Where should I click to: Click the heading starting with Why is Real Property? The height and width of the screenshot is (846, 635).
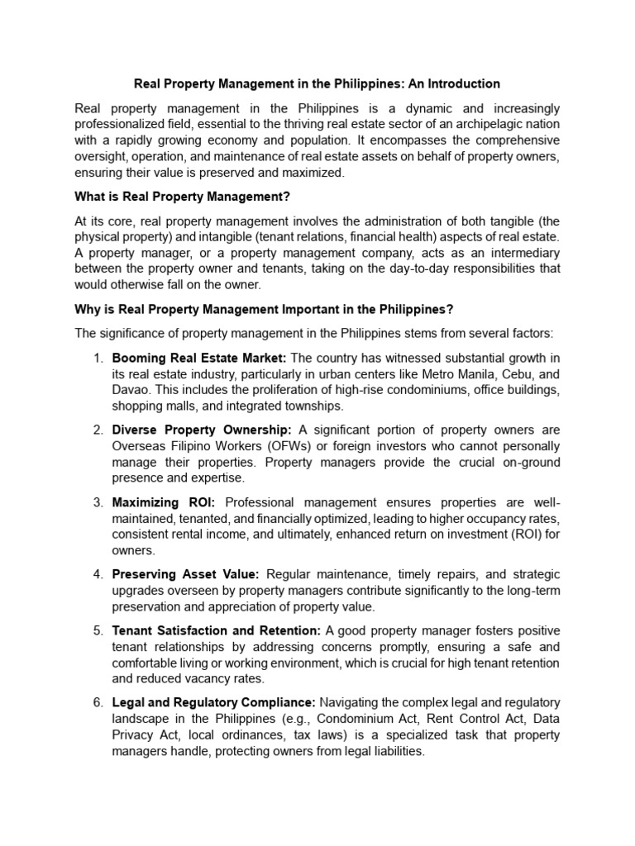tap(265, 309)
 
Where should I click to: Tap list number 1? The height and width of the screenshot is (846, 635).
tap(98, 358)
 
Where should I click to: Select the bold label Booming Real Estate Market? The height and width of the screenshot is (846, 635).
tap(199, 358)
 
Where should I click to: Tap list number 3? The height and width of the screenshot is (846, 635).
tap(98, 502)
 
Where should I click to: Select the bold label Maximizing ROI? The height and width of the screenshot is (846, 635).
tap(163, 502)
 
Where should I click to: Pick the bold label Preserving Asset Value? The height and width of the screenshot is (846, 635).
tap(186, 574)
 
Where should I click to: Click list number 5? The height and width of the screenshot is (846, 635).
tap(98, 630)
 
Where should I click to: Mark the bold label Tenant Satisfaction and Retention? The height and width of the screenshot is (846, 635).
tap(217, 630)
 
